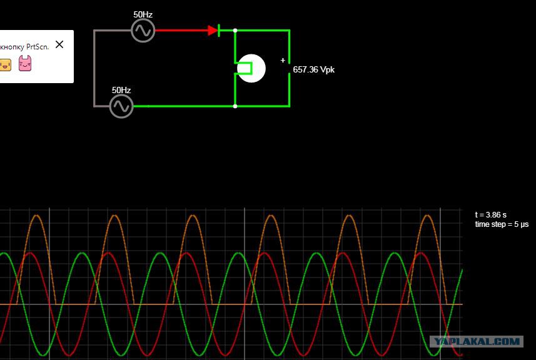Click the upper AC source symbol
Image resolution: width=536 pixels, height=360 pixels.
143,31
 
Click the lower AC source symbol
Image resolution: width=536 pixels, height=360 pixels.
121,106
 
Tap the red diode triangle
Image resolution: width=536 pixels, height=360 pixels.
213,31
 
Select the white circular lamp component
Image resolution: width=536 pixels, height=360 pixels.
251,68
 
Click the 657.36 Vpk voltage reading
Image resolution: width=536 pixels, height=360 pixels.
314,69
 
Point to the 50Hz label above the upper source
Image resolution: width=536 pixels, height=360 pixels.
143,14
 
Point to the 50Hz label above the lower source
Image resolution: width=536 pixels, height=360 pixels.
121,90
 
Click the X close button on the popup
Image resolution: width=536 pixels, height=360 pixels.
59,44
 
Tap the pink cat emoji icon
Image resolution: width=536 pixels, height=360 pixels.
25,63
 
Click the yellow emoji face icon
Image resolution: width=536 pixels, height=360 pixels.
5,64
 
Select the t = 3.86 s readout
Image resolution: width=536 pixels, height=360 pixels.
491,215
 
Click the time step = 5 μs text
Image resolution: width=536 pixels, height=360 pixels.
502,224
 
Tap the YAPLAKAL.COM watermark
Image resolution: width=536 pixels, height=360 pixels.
477,341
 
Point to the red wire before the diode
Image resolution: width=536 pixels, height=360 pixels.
181,31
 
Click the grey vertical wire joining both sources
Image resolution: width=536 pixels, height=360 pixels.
94,68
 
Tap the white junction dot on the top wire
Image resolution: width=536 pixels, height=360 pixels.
235,31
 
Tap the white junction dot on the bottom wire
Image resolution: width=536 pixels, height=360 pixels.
235,106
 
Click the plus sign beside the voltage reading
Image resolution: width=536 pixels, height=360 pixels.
283,61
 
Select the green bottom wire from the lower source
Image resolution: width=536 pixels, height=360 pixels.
185,106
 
